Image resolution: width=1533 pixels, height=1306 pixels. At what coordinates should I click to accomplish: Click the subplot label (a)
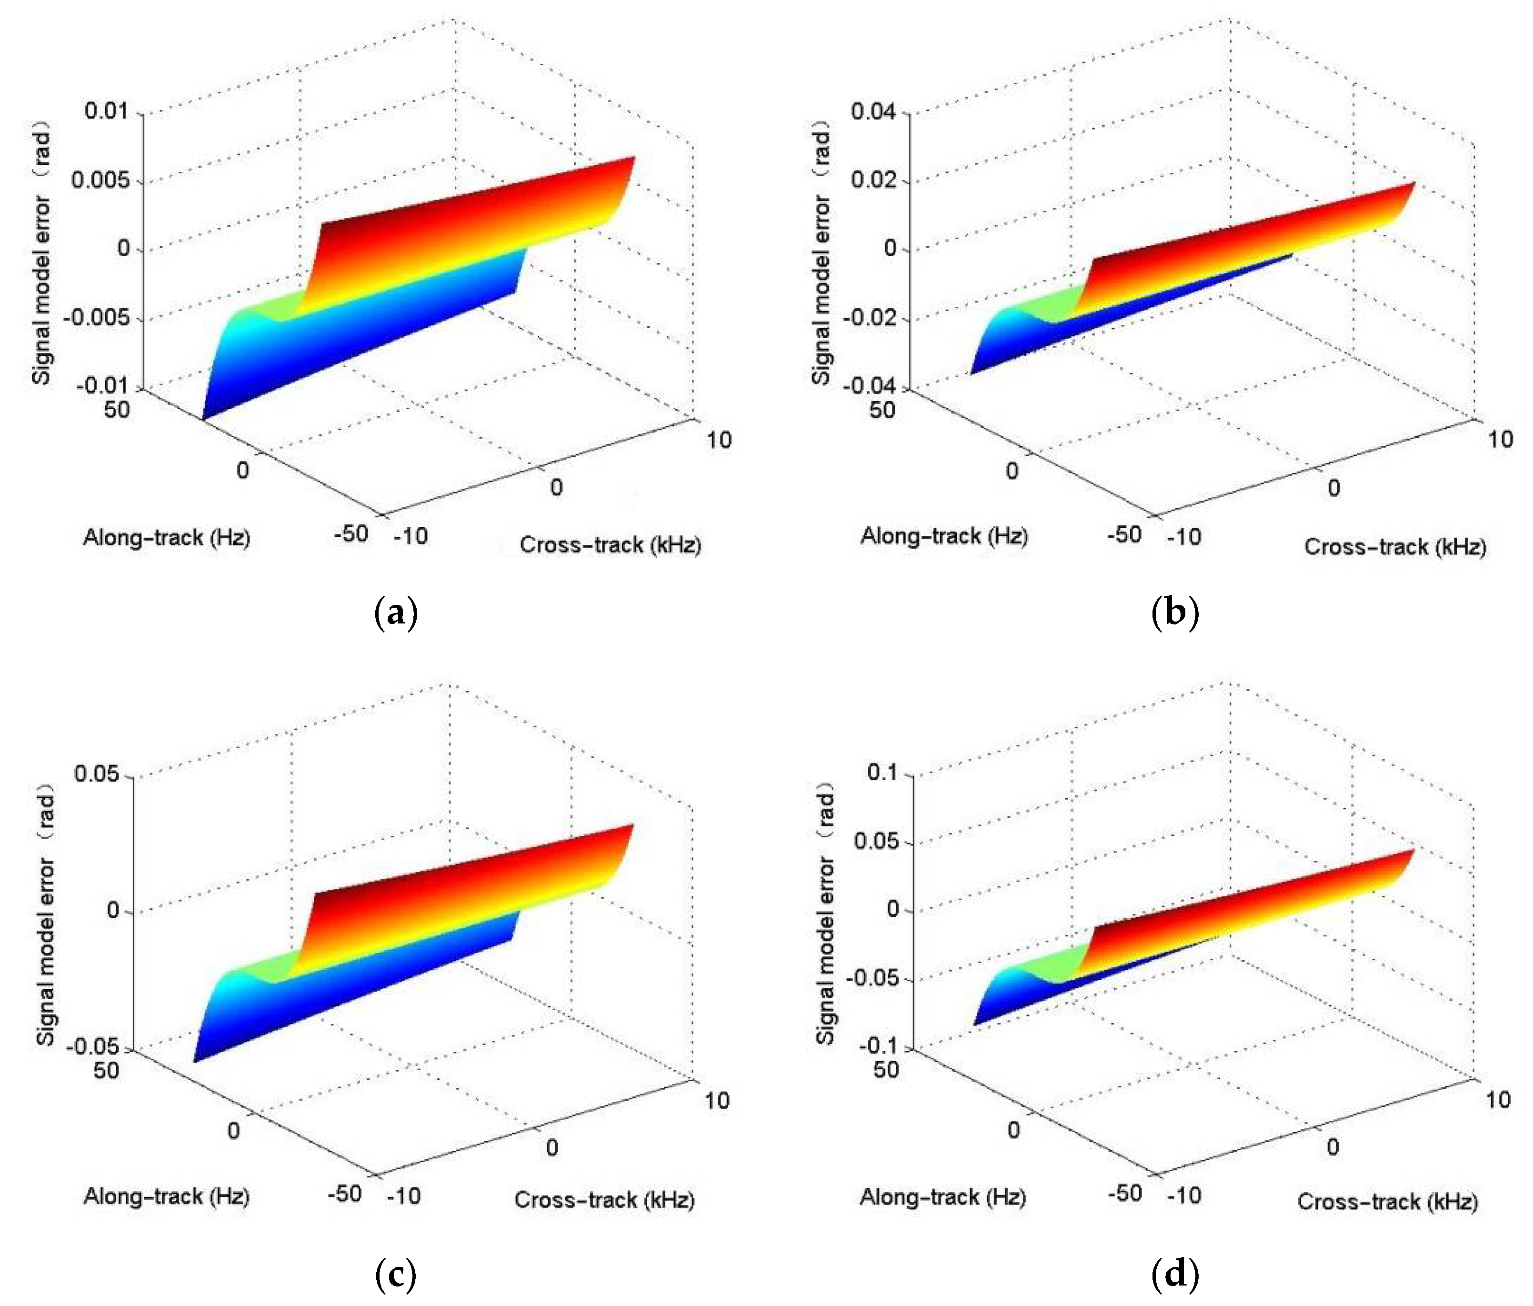[397, 613]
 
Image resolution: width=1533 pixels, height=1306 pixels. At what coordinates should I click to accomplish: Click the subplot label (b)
[1175, 613]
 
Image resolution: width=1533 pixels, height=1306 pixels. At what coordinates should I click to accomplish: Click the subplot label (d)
[1175, 1274]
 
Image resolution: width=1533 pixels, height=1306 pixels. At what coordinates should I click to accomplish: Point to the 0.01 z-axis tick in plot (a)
[107, 112]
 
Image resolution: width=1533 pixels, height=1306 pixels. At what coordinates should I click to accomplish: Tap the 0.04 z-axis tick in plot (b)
[874, 112]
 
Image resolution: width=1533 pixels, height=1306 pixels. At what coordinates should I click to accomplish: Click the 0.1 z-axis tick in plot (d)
[882, 773]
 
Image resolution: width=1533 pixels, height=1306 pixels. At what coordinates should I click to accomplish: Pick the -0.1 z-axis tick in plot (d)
[878, 1046]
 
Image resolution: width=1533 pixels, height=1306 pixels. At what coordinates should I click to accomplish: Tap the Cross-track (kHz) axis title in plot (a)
[611, 545]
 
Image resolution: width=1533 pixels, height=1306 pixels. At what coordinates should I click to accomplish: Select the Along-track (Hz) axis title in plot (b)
[944, 536]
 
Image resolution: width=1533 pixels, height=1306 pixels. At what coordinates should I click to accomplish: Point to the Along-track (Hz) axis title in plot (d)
[942, 1196]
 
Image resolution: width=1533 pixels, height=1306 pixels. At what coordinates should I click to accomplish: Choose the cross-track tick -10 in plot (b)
[1184, 536]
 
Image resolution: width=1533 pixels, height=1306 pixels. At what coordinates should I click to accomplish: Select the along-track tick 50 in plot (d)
[886, 1069]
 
